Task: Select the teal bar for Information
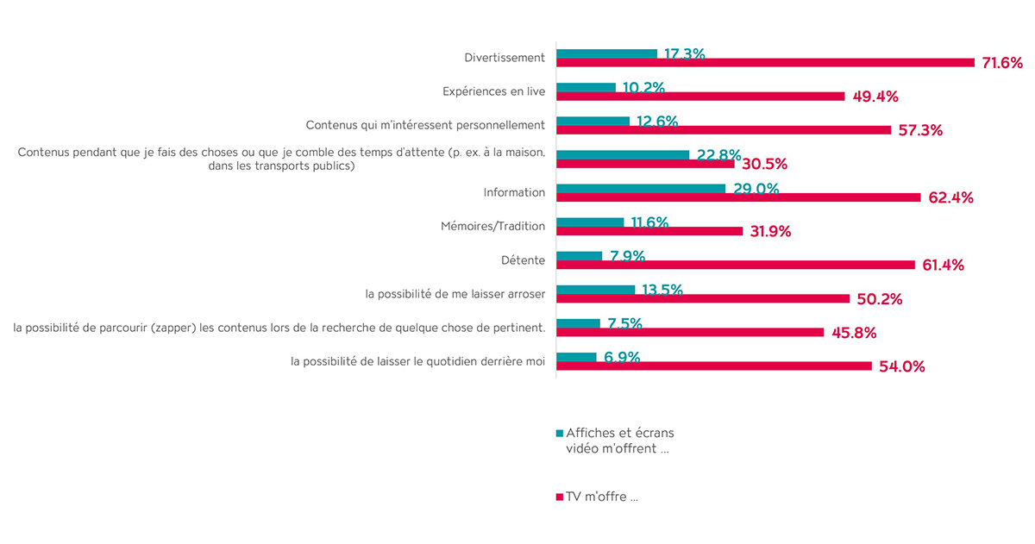[641, 188]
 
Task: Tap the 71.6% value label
[1001, 63]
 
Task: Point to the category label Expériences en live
[493, 91]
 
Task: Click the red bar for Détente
[735, 265]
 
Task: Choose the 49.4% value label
[875, 97]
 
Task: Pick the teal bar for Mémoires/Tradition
[590, 222]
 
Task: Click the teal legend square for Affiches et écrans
[560, 433]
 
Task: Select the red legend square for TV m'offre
[560, 497]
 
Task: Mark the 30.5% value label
[764, 164]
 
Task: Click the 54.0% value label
[901, 366]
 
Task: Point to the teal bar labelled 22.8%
[623, 154]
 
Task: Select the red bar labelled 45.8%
[690, 332]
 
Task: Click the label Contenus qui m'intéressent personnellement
[425, 125]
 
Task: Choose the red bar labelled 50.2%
[703, 298]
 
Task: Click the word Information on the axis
[514, 192]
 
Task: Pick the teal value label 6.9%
[622, 357]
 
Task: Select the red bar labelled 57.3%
[724, 130]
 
